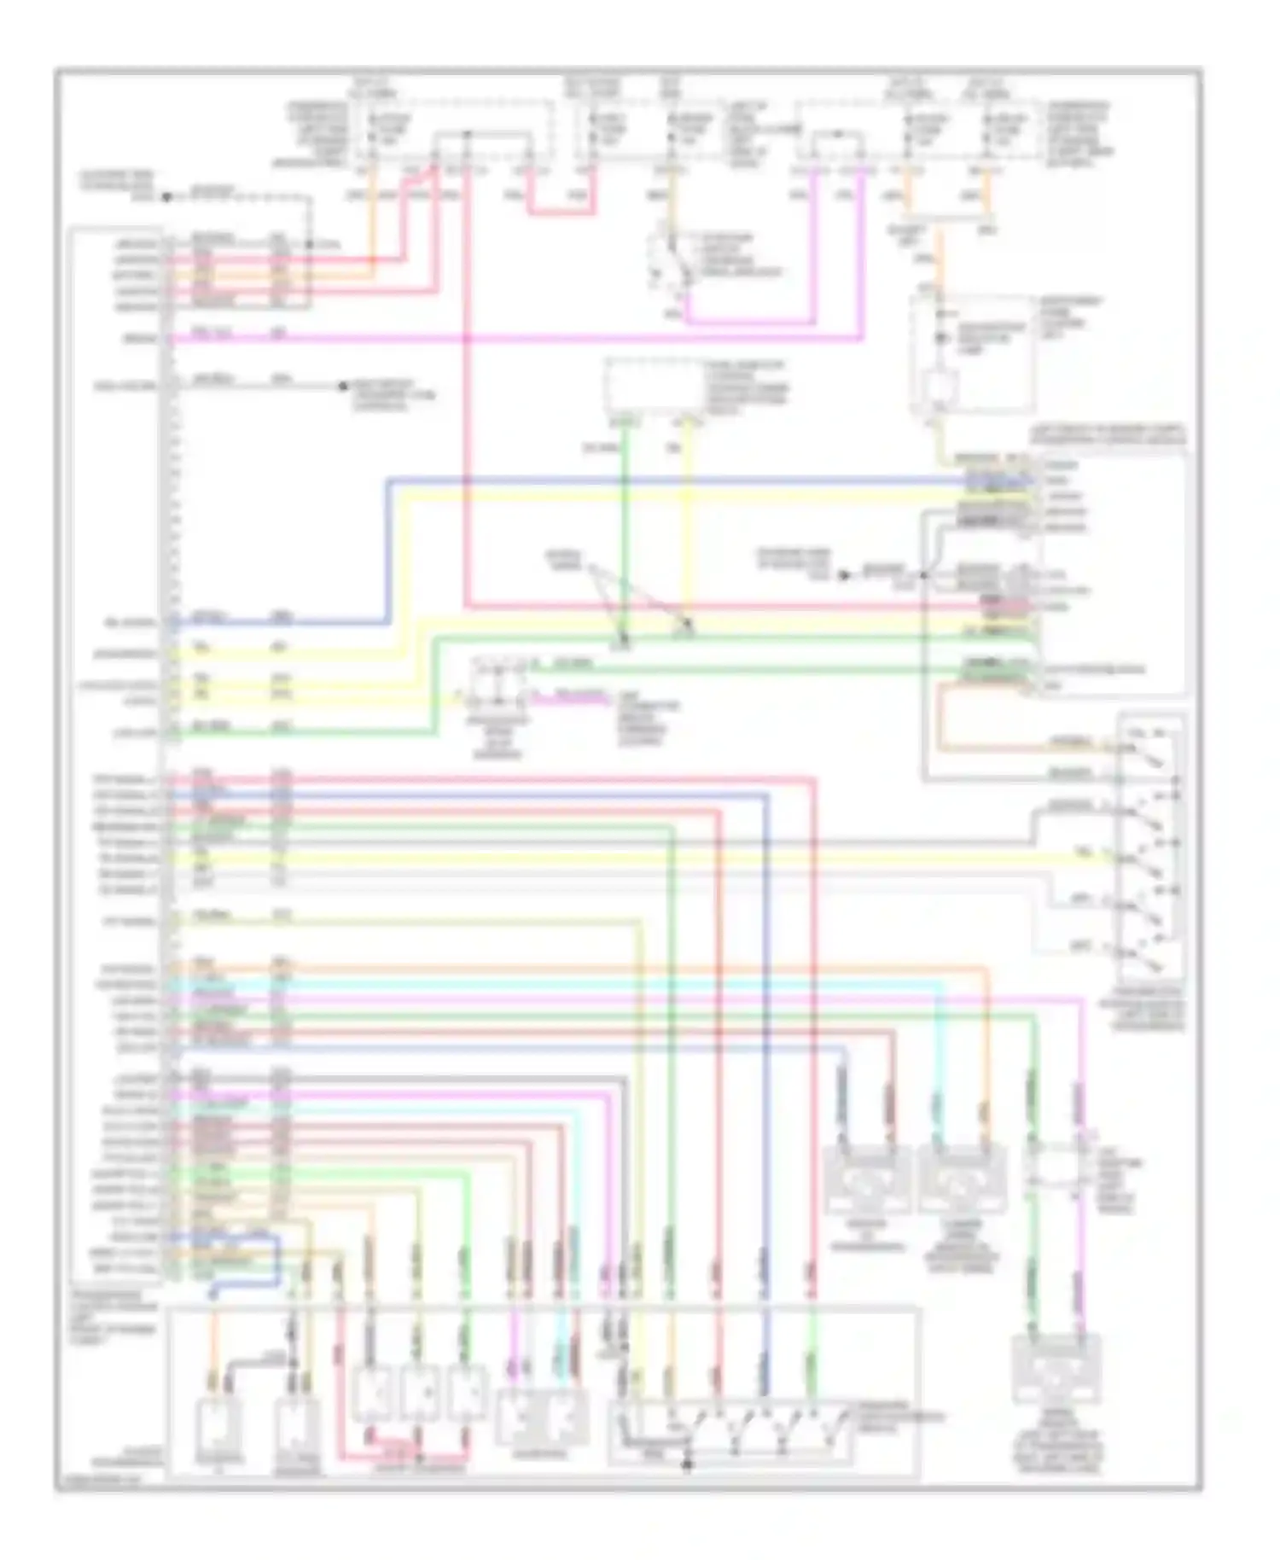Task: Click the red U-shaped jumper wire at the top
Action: (x=559, y=210)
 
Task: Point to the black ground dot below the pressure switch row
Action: (x=688, y=1466)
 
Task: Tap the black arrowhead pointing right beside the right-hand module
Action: (x=844, y=575)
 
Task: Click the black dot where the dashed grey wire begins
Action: (x=167, y=196)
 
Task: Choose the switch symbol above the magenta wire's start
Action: (x=670, y=260)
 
